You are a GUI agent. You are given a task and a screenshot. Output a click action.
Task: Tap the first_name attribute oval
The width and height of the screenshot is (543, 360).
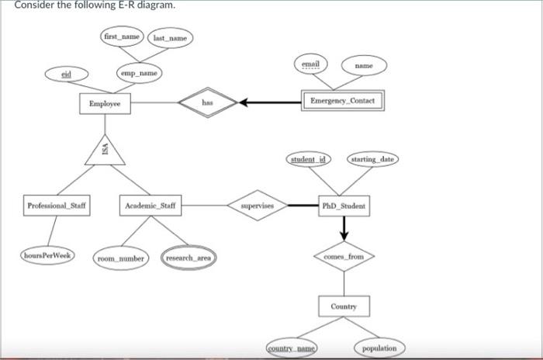click(123, 36)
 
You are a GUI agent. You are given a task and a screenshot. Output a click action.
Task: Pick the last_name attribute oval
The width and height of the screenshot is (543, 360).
click(171, 37)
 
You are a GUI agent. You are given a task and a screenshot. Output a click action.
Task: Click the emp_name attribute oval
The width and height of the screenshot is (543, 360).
click(140, 73)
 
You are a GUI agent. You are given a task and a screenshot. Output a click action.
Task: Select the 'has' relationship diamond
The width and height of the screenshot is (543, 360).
click(208, 102)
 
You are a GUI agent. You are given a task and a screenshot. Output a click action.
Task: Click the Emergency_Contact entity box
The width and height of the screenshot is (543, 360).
click(341, 102)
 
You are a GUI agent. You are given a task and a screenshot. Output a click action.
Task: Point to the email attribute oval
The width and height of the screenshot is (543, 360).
click(312, 64)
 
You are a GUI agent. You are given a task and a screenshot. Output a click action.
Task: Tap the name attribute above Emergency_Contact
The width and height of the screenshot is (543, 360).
click(365, 67)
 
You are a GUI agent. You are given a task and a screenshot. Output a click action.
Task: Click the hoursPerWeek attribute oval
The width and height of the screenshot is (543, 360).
click(47, 255)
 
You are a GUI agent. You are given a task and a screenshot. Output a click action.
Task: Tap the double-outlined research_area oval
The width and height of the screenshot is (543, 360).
click(189, 257)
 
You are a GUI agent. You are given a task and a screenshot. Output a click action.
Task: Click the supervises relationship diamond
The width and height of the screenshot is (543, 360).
click(257, 206)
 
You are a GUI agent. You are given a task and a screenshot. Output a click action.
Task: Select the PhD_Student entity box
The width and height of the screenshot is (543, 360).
click(344, 206)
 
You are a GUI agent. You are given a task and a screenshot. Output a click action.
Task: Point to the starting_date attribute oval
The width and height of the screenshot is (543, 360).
click(373, 159)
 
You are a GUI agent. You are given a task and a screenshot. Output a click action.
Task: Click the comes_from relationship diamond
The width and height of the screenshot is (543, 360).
click(344, 256)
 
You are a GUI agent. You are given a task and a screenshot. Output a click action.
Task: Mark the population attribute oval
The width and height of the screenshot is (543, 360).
click(379, 348)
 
